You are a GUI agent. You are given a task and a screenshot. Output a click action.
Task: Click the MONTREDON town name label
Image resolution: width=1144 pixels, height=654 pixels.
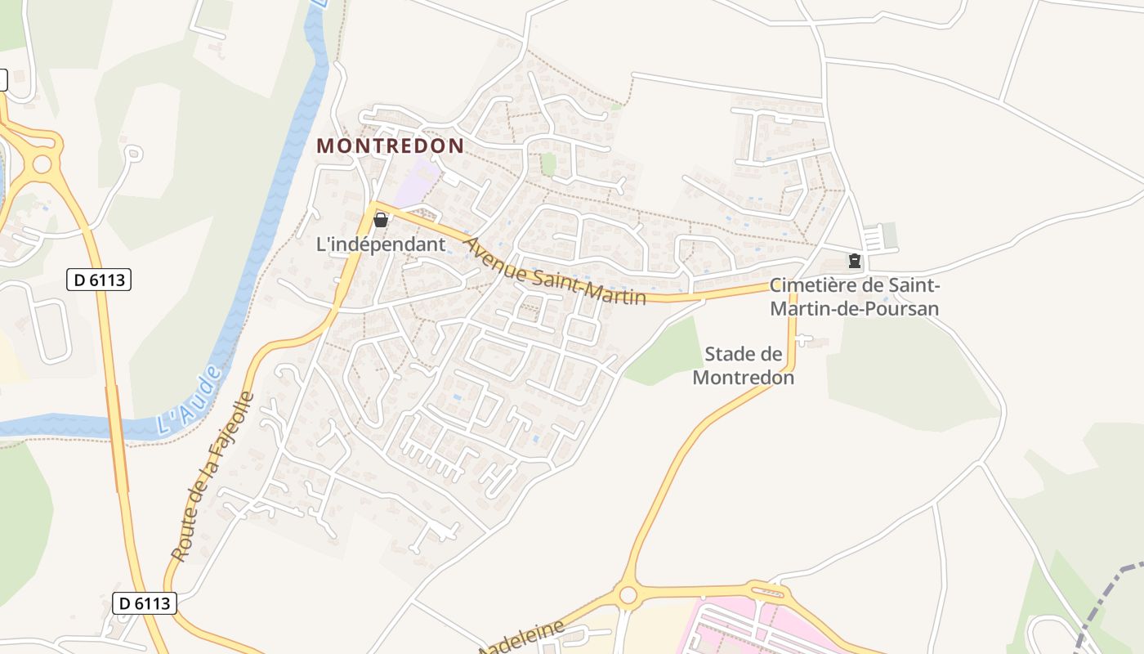(x=390, y=146)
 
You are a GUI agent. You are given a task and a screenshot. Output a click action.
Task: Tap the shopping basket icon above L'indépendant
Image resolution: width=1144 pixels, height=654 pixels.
(x=380, y=219)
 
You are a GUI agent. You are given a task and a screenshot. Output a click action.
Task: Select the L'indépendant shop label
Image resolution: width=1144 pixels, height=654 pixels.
(x=381, y=244)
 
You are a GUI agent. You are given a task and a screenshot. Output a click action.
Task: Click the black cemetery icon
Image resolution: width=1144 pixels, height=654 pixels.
(x=854, y=261)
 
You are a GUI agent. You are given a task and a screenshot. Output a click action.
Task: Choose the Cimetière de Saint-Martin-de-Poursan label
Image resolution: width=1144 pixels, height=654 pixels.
(x=854, y=298)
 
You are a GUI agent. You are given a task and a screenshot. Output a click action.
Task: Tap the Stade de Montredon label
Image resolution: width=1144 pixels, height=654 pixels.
(x=744, y=365)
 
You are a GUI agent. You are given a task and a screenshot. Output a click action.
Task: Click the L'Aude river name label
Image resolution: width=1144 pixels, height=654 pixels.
(x=189, y=401)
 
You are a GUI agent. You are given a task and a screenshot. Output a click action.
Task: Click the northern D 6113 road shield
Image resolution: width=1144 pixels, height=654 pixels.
(x=98, y=280)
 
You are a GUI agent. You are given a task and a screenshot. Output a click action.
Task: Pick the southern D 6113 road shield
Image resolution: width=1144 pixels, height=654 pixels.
(x=144, y=603)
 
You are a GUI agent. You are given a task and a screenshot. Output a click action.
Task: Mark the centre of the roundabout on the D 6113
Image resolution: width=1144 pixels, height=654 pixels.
(x=41, y=163)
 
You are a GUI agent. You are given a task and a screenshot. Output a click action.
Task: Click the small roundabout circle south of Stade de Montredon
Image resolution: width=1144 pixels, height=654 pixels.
(x=628, y=595)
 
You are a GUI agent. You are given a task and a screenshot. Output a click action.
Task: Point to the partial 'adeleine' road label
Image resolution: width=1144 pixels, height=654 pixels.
(x=523, y=637)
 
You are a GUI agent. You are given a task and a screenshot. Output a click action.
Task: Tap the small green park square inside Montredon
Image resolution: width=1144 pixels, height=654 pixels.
(x=548, y=163)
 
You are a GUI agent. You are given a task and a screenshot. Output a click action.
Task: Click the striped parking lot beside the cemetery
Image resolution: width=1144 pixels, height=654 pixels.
(x=875, y=238)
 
